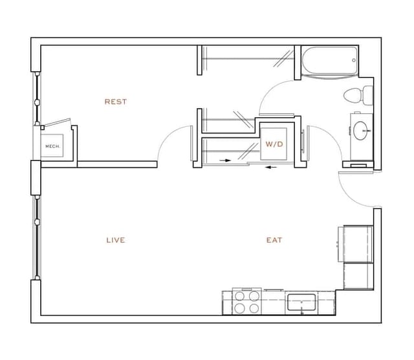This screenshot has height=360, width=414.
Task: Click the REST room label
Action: [116, 102]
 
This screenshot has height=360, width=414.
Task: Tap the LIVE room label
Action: [115, 240]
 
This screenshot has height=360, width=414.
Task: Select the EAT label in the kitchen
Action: [274, 240]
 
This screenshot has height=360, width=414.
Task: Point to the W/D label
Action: [274, 144]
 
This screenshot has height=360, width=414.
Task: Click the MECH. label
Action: [52, 146]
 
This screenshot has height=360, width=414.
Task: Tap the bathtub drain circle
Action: [353, 61]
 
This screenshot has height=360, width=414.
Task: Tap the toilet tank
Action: [368, 95]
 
